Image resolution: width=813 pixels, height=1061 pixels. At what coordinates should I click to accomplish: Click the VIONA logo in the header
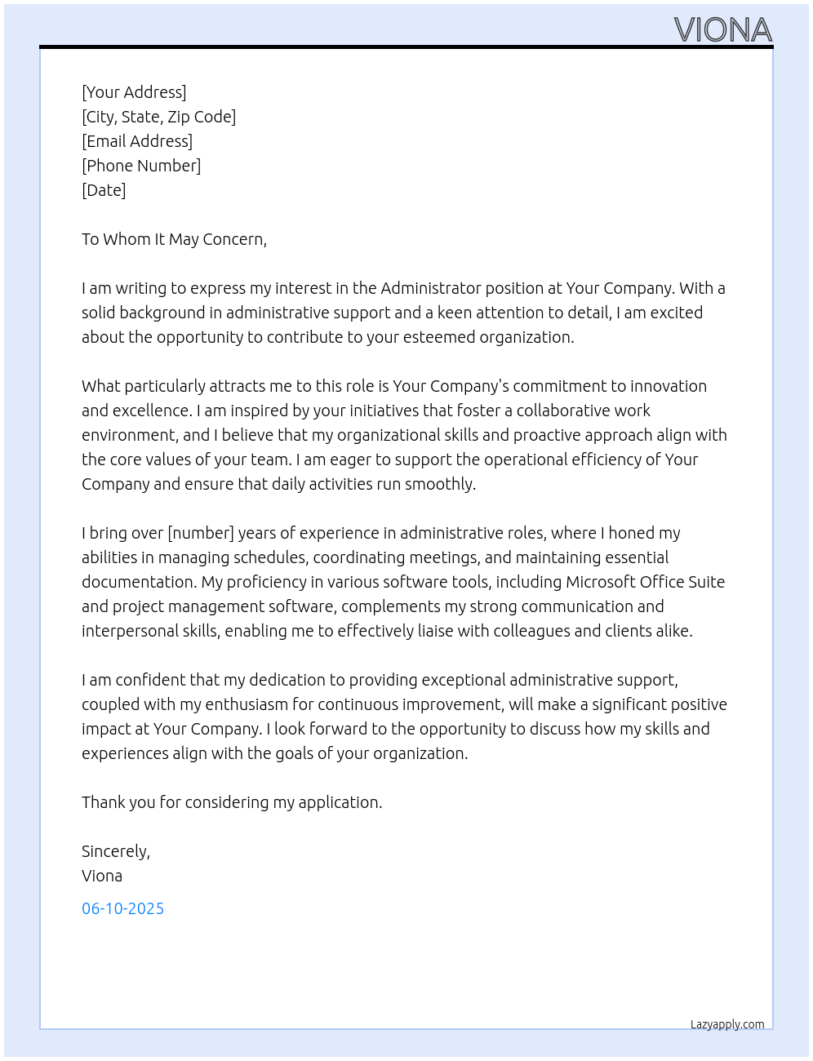(722, 30)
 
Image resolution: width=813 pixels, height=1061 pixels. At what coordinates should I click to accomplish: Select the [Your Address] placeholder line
(134, 92)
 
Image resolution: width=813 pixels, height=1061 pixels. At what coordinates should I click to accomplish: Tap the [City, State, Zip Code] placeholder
(158, 117)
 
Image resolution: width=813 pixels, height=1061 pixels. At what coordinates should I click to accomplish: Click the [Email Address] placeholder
(137, 141)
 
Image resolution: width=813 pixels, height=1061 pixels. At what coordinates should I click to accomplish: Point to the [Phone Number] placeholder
(141, 166)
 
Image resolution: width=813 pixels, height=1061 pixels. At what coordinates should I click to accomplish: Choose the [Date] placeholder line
(104, 190)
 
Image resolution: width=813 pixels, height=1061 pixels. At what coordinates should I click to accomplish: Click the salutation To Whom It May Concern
(174, 239)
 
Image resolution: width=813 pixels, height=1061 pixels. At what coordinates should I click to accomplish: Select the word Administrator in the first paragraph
(431, 288)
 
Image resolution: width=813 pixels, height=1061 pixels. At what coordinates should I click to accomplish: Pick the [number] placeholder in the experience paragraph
(201, 533)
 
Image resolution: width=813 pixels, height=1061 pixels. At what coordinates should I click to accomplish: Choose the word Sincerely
(115, 851)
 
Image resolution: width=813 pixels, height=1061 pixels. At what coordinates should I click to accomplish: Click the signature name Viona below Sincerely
(102, 876)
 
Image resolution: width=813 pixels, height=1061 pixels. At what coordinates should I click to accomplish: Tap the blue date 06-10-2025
(122, 908)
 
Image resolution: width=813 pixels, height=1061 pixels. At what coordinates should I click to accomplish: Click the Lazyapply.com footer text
(727, 1024)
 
